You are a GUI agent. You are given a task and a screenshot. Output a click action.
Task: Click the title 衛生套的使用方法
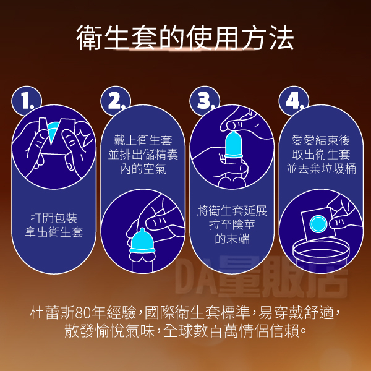[x=185, y=38]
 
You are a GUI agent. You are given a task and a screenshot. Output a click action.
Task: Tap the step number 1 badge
[x=27, y=101]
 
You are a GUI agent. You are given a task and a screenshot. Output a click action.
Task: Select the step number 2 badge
[x=116, y=101]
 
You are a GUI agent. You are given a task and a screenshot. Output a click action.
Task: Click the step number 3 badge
[x=205, y=101]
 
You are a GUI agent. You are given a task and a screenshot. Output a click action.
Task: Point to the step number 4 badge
[x=294, y=101]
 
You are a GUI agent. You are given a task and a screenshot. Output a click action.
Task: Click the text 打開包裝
[x=54, y=218]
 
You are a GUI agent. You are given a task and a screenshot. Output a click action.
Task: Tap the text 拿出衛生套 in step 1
[x=54, y=232]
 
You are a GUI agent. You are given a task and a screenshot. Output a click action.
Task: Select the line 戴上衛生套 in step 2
[x=143, y=140]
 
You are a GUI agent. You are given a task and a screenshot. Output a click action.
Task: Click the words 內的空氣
[x=143, y=169]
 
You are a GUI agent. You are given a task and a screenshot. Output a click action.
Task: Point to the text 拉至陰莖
[x=232, y=225]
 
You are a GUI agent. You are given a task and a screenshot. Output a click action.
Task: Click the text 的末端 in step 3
[x=232, y=239]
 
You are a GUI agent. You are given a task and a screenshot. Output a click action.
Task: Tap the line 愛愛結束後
[x=321, y=140]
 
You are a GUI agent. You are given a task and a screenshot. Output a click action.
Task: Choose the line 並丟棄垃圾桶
[x=321, y=169]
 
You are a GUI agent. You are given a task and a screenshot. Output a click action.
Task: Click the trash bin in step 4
[x=321, y=256]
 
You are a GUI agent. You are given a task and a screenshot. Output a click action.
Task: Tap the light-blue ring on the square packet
[x=318, y=224]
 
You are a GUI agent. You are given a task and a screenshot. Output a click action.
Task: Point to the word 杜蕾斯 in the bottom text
[x=52, y=312]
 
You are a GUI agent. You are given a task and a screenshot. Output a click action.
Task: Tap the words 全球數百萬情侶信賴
[x=231, y=331]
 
